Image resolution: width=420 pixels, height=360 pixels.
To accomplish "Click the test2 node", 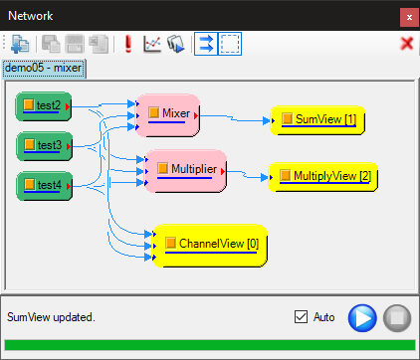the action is tap(44, 106).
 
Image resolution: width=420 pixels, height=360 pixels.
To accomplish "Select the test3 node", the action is tap(44, 146).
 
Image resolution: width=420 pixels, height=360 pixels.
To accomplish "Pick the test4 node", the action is tap(44, 186).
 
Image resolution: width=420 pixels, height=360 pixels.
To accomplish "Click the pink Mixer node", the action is tap(168, 115).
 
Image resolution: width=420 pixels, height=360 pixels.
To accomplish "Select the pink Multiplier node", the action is tap(186, 171).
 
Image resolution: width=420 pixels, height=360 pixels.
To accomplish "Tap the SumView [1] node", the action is tap(317, 120).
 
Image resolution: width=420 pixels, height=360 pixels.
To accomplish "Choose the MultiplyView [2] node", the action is tap(323, 177).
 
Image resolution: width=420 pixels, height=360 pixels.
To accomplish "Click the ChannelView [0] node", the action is tap(210, 246).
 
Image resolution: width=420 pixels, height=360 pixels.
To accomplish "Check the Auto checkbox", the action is tap(301, 316).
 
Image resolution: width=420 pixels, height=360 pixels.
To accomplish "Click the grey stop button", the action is tap(397, 318).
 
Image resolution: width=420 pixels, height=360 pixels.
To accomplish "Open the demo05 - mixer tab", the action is tap(44, 69).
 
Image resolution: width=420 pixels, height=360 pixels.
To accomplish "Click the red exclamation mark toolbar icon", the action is tap(128, 44).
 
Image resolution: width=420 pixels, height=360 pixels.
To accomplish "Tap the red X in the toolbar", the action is tap(407, 44).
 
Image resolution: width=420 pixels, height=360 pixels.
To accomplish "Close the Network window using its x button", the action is tap(409, 17).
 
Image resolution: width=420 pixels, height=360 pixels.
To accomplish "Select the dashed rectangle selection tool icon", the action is tap(230, 44).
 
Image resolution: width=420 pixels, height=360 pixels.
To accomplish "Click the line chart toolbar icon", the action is tap(152, 44).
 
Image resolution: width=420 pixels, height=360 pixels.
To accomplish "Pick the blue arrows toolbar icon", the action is tap(206, 44).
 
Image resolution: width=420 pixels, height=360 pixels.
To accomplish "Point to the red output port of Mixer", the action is tap(196, 115).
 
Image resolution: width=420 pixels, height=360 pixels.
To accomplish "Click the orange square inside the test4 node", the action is tap(30, 184).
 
